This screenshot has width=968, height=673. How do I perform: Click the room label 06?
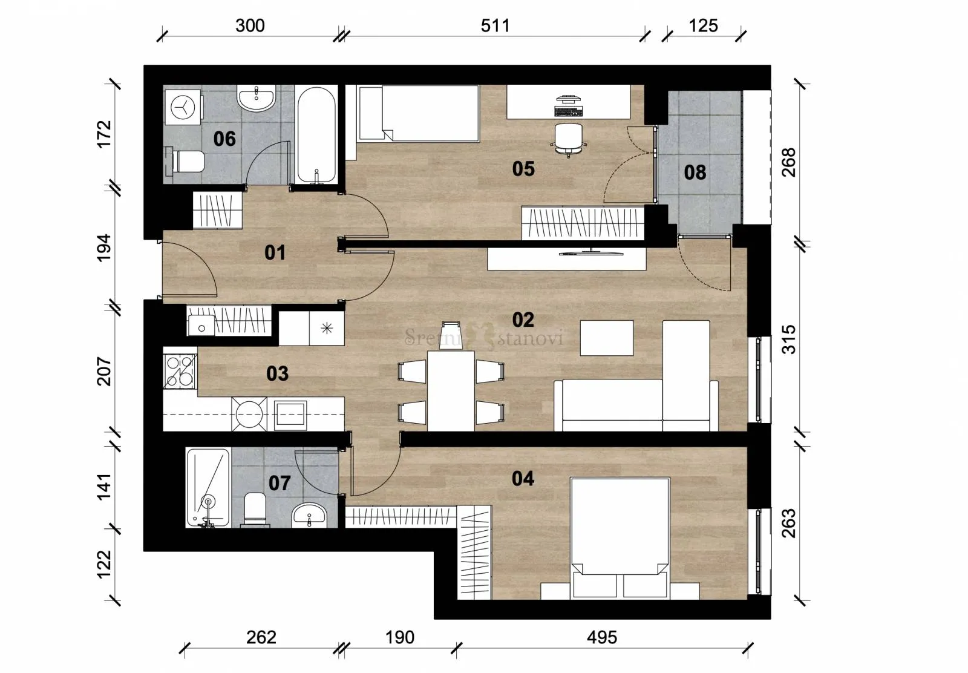(224, 139)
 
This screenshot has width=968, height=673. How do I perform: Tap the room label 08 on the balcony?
(695, 172)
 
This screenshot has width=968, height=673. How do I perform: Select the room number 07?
(279, 483)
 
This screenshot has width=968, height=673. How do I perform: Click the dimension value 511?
(495, 26)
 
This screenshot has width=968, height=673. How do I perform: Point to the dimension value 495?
(602, 637)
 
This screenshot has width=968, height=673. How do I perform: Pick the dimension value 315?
(789, 340)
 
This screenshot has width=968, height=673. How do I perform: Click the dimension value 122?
(104, 564)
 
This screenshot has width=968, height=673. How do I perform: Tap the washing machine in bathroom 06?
(183, 107)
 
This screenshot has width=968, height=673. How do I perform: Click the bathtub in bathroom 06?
(317, 136)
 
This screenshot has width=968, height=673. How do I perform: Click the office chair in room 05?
(568, 139)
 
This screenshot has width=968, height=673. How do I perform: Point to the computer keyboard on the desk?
(568, 111)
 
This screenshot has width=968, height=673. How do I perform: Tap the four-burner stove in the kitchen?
(180, 371)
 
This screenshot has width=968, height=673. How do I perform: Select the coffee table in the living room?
(607, 338)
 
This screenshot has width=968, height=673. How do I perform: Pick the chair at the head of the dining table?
(451, 335)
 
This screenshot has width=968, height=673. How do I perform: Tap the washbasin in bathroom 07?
(309, 514)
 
